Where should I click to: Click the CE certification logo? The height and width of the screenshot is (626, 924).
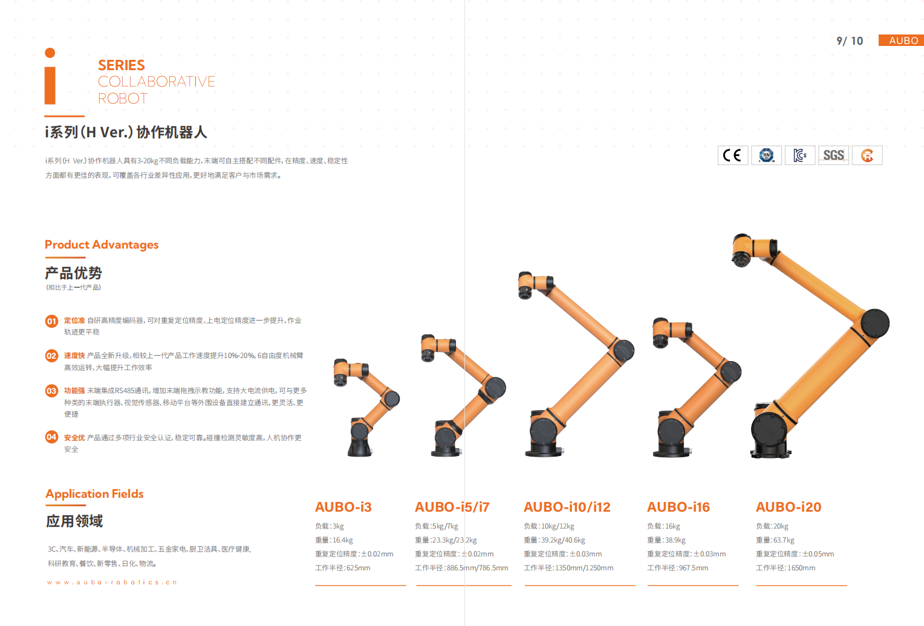[732, 155]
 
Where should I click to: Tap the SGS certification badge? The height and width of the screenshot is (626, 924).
[834, 155]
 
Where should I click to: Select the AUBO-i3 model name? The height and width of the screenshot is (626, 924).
[343, 507]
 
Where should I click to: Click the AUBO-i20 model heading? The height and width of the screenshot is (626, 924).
[789, 507]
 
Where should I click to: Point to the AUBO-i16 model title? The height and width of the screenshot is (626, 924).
[678, 507]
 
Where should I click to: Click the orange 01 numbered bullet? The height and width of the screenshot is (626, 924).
[51, 321]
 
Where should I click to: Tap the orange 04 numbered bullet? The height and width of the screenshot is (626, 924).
[51, 437]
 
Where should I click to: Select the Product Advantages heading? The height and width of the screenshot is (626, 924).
[102, 245]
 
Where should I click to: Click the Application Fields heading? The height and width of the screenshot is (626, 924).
[94, 494]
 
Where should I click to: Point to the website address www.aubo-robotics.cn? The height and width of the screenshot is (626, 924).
[112, 582]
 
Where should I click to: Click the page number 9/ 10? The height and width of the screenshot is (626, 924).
[850, 41]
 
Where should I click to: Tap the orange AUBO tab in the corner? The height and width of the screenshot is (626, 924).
[901, 41]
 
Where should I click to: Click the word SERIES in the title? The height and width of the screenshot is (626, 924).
[122, 65]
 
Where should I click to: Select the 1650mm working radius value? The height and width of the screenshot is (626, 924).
[801, 568]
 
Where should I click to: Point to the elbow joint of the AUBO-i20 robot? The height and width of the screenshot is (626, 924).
[875, 323]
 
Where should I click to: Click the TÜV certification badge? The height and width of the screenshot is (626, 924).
[766, 155]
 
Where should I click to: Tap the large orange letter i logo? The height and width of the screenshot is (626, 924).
[50, 76]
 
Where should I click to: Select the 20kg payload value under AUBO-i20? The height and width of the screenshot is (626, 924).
[781, 526]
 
